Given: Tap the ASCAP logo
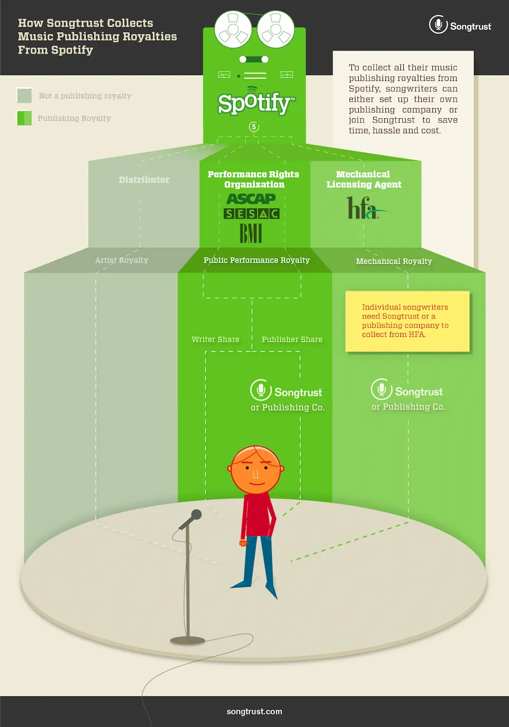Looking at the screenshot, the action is (251, 199).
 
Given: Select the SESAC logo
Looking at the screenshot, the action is (252, 214).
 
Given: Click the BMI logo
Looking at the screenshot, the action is (251, 233).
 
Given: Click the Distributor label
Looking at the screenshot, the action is (144, 180).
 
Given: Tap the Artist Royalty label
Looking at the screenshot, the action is (122, 260).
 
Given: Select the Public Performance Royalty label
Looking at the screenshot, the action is (256, 260).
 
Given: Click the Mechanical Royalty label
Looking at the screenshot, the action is (394, 261).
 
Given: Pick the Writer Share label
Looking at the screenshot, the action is (215, 339).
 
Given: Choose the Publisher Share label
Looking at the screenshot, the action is (292, 339).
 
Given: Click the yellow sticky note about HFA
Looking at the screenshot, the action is (407, 321).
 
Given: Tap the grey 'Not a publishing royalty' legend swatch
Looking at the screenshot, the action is (24, 95).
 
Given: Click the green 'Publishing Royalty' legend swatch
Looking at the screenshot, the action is (24, 118).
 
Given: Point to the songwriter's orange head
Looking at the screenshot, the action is (255, 470).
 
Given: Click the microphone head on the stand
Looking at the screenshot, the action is (196, 514).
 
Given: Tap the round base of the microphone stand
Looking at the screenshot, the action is (188, 640).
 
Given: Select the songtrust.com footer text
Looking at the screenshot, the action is (254, 711).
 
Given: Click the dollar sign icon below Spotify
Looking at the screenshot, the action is (254, 126).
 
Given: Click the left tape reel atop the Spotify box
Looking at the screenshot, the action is (233, 30).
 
